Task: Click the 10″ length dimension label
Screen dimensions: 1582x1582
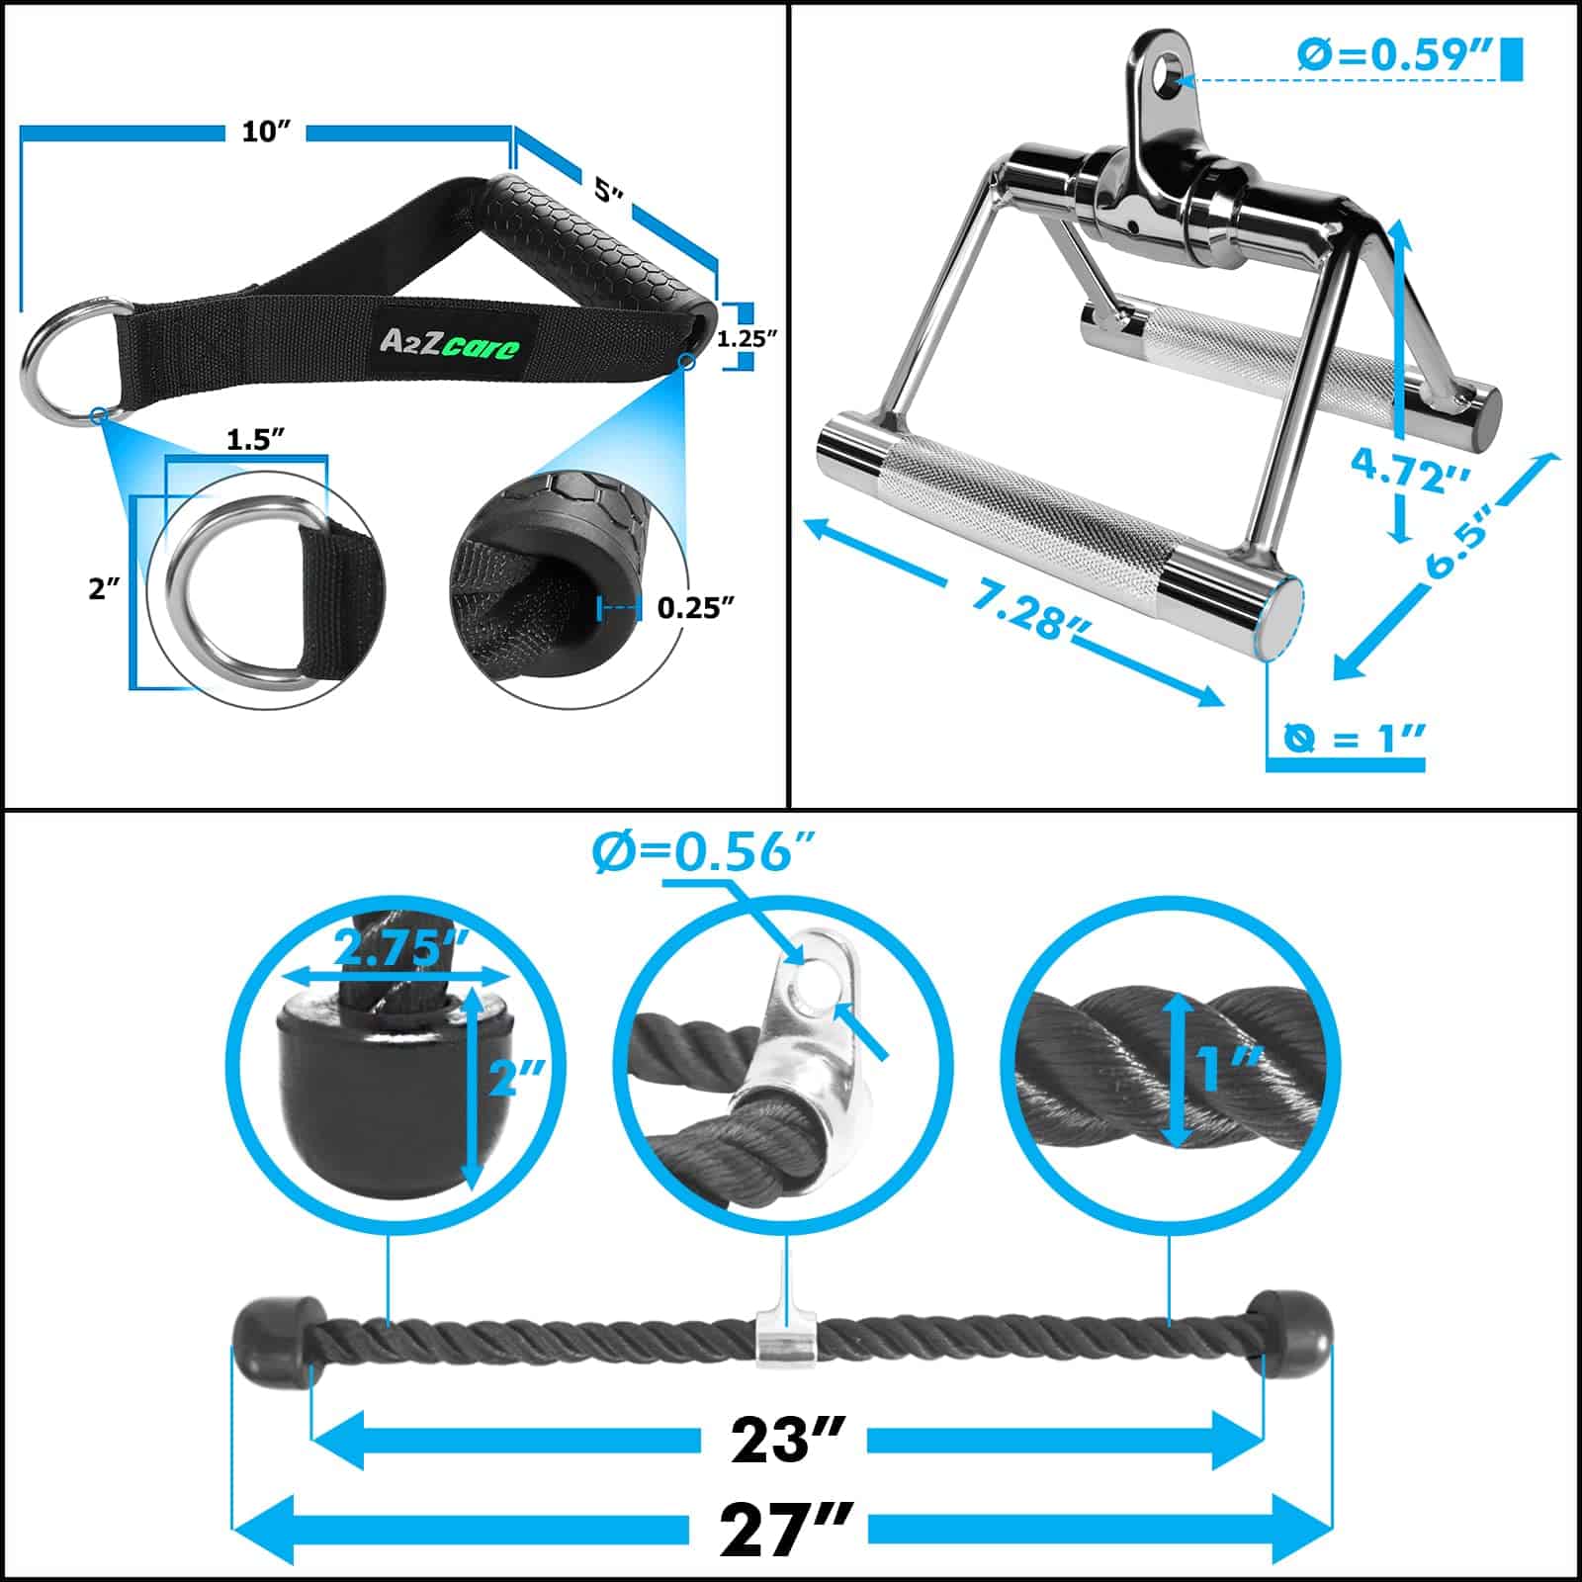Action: coord(265,132)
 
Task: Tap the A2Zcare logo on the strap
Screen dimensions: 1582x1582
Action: coord(450,342)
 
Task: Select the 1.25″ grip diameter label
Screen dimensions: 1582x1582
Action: coord(747,338)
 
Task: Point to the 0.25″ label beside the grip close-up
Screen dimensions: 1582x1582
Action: coord(695,607)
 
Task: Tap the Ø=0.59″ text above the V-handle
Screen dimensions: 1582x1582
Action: coord(1394,55)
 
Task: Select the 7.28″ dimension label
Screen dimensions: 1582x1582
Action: coord(1018,607)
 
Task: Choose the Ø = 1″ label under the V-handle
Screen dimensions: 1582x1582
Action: coord(1355,737)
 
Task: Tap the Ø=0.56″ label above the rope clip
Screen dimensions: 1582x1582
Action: coord(704,850)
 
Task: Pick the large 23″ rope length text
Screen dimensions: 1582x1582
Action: coord(788,1441)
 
